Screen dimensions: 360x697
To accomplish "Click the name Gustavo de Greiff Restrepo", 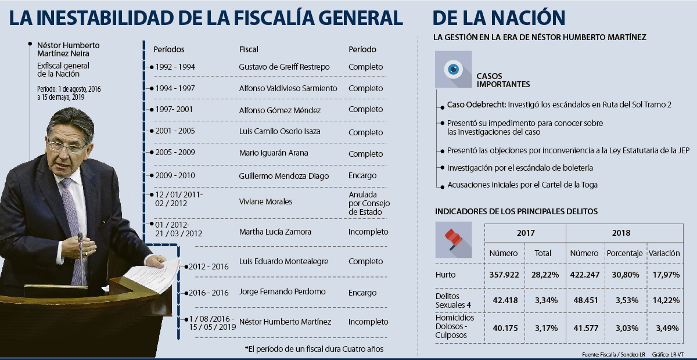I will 284,67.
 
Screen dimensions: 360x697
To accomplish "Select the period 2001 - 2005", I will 175,131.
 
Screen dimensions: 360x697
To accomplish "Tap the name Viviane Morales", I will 265,201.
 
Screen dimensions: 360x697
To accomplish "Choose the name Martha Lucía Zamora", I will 275,232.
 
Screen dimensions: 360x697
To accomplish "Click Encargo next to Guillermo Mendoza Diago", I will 362,175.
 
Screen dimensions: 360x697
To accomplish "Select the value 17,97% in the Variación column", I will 664,274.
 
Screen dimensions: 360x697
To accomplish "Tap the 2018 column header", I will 620,233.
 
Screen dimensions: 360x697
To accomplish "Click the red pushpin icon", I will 453,239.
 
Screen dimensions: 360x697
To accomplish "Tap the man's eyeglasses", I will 67,146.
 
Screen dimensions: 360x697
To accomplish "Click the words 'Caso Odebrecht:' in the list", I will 476,105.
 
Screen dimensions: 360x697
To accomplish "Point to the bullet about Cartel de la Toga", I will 522,185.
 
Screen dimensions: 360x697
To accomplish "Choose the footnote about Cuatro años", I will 314,349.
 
